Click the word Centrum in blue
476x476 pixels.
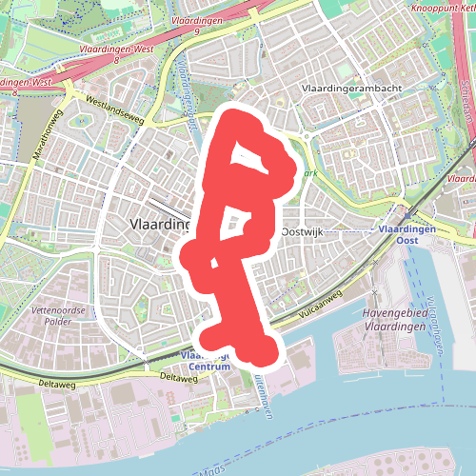click(x=208, y=367)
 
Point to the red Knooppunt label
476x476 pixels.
click(x=442, y=6)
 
